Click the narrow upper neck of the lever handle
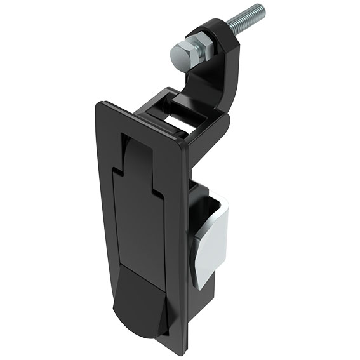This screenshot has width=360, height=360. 135,159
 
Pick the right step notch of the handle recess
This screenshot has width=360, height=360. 156,190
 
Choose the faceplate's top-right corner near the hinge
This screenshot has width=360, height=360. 185,145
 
